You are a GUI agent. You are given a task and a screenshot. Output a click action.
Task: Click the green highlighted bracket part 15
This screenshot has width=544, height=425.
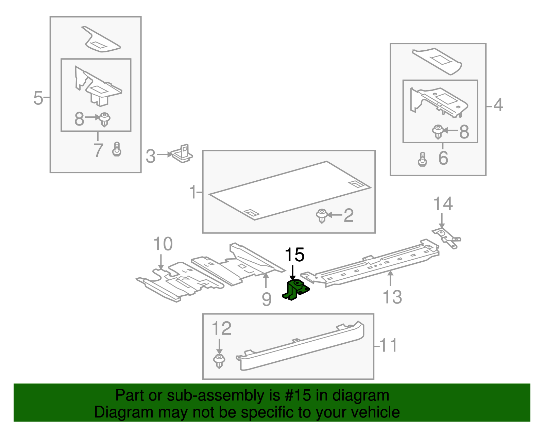[295, 290]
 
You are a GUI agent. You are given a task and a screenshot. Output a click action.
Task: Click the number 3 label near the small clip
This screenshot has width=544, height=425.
[150, 156]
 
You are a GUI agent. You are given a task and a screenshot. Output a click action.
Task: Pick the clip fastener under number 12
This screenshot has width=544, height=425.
[219, 361]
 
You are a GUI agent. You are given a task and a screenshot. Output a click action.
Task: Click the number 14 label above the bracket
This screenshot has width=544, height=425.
[443, 204]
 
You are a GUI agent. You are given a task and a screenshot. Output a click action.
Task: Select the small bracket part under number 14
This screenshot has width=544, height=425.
[446, 238]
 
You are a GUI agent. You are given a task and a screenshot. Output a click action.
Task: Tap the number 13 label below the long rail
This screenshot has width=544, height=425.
[392, 297]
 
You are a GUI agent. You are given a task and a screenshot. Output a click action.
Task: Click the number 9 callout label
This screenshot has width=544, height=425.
[267, 299]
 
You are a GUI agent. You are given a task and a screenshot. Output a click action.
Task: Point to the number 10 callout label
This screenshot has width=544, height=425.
[163, 244]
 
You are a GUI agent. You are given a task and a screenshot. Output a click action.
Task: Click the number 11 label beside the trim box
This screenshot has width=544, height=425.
[388, 345]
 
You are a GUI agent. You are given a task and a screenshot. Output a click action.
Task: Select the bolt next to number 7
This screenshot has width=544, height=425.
[117, 149]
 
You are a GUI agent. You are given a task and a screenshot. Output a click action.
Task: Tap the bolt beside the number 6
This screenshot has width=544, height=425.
[422, 159]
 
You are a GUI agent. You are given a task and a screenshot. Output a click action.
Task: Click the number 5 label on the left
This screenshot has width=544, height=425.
[38, 98]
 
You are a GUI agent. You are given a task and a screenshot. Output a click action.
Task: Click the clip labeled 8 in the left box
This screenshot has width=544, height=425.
[105, 119]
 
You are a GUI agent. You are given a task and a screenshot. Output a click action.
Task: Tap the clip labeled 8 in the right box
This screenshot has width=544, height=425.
[438, 132]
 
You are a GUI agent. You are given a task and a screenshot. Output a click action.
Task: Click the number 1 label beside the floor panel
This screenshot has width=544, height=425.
[193, 192]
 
